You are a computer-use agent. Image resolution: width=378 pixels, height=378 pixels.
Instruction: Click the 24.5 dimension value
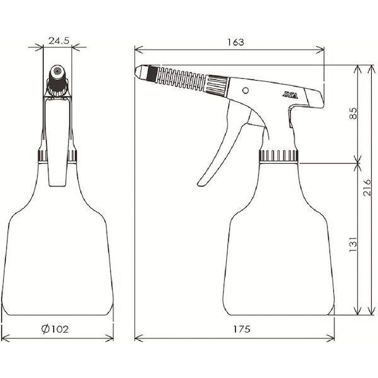[x=59, y=41]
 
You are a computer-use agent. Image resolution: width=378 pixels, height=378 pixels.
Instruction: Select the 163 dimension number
[x=236, y=42]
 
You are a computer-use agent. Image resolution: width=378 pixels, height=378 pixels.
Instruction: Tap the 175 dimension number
[x=242, y=329]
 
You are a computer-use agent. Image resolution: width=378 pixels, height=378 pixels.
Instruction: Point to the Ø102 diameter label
[x=55, y=329]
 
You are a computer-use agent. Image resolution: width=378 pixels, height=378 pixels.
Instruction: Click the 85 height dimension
[x=353, y=113]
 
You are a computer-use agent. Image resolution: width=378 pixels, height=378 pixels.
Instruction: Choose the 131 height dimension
[x=353, y=244]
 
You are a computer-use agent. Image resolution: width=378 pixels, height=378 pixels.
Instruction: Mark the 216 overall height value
[x=367, y=187]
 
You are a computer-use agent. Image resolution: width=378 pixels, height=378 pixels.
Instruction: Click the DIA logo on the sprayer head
[x=290, y=95]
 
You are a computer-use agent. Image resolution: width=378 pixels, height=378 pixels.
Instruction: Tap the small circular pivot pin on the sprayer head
[x=246, y=90]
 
